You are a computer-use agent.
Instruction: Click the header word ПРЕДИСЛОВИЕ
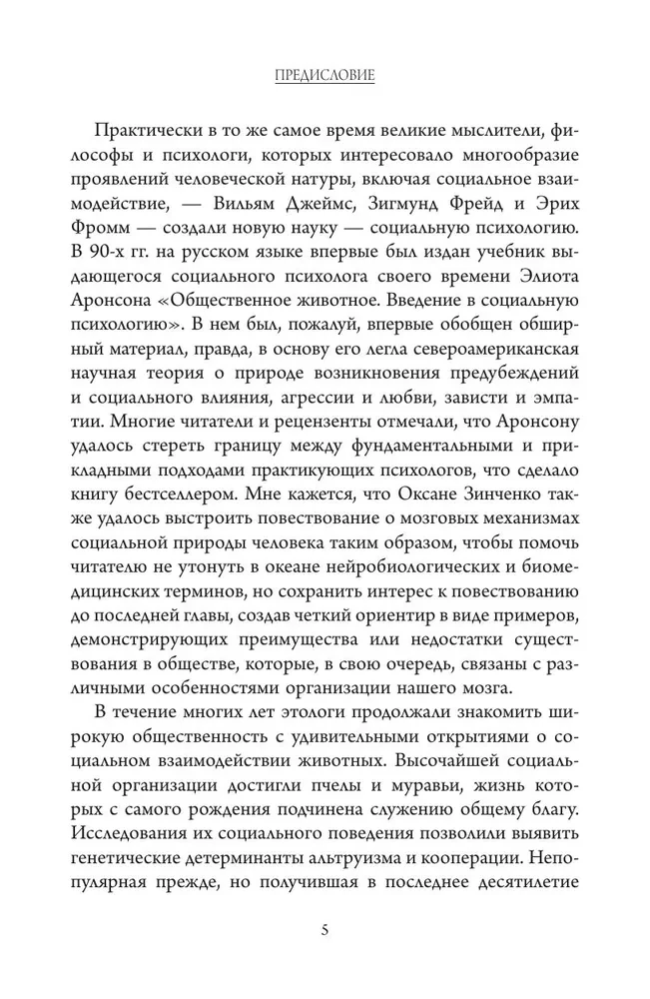coord(325,76)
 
